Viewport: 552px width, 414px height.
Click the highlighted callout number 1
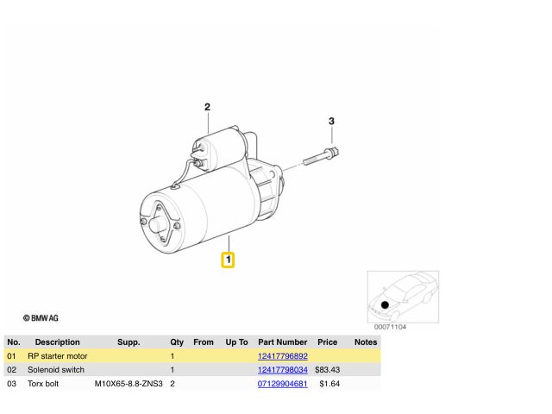coord(228,260)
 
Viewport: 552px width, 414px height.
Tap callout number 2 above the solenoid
coord(207,107)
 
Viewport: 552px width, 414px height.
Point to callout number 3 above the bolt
coord(331,121)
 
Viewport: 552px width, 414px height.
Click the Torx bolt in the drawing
coord(321,157)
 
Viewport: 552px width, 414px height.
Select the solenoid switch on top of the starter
coord(216,149)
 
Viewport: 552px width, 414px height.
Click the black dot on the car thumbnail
coord(385,304)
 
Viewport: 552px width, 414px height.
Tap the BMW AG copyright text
coord(41,318)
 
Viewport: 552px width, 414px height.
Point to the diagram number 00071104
coord(390,327)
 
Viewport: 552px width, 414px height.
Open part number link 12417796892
coord(283,356)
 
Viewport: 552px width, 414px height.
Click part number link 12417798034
coord(283,370)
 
